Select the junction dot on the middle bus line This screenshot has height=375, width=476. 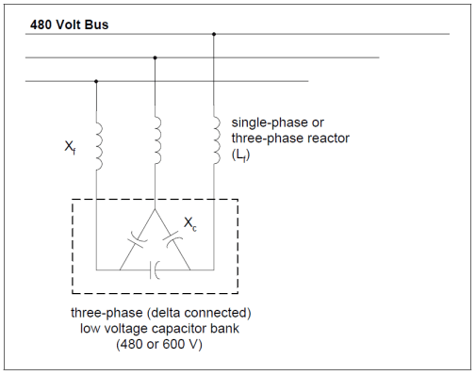pyautogui.click(x=155, y=57)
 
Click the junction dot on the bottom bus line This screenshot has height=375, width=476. pyautogui.click(x=96, y=81)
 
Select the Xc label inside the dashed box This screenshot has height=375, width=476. pyautogui.click(x=189, y=225)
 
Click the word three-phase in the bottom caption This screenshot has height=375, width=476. pyautogui.click(x=105, y=312)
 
